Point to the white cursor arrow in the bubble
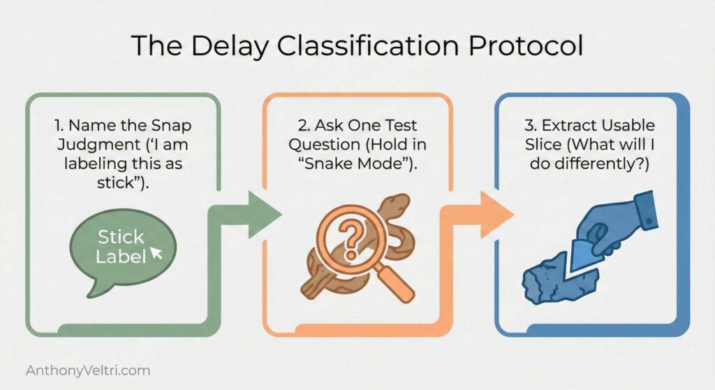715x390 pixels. click(156, 253)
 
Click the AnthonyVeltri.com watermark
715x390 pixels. click(87, 370)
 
